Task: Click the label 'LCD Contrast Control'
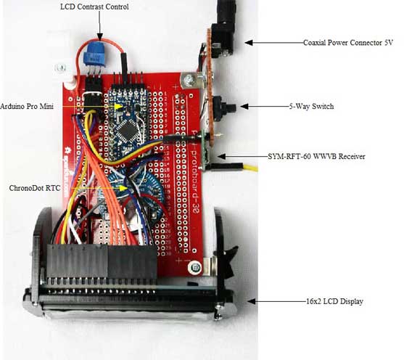[x=94, y=7]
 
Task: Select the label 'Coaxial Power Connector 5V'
[x=348, y=43]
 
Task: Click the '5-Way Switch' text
[x=311, y=106]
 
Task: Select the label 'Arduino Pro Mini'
[x=27, y=106]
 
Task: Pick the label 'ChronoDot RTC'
[x=35, y=188]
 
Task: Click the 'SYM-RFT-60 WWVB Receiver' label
[x=316, y=156]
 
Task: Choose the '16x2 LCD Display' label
[x=334, y=301]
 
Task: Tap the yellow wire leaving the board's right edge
[x=247, y=168]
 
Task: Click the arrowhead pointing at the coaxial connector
[x=249, y=43]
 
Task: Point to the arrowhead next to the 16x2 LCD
[x=252, y=301]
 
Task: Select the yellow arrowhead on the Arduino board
[x=119, y=106]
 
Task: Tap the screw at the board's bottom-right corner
[x=195, y=267]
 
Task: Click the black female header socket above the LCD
[x=102, y=261]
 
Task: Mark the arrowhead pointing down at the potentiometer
[x=99, y=37]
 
